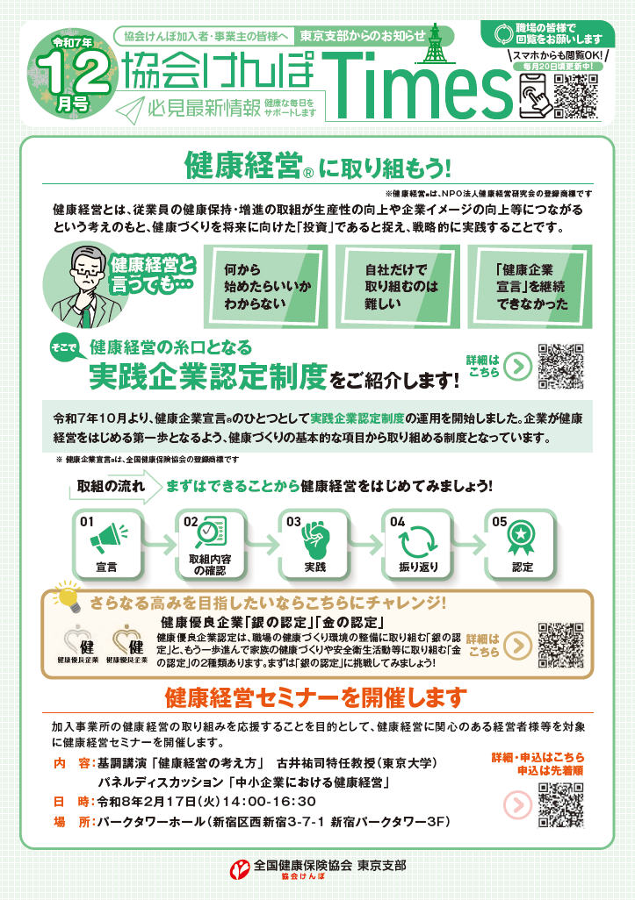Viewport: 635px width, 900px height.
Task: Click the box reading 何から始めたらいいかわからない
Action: (261, 285)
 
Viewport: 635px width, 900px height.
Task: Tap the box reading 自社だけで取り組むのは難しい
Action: (394, 285)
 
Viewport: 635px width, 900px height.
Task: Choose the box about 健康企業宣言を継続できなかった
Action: (530, 285)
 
